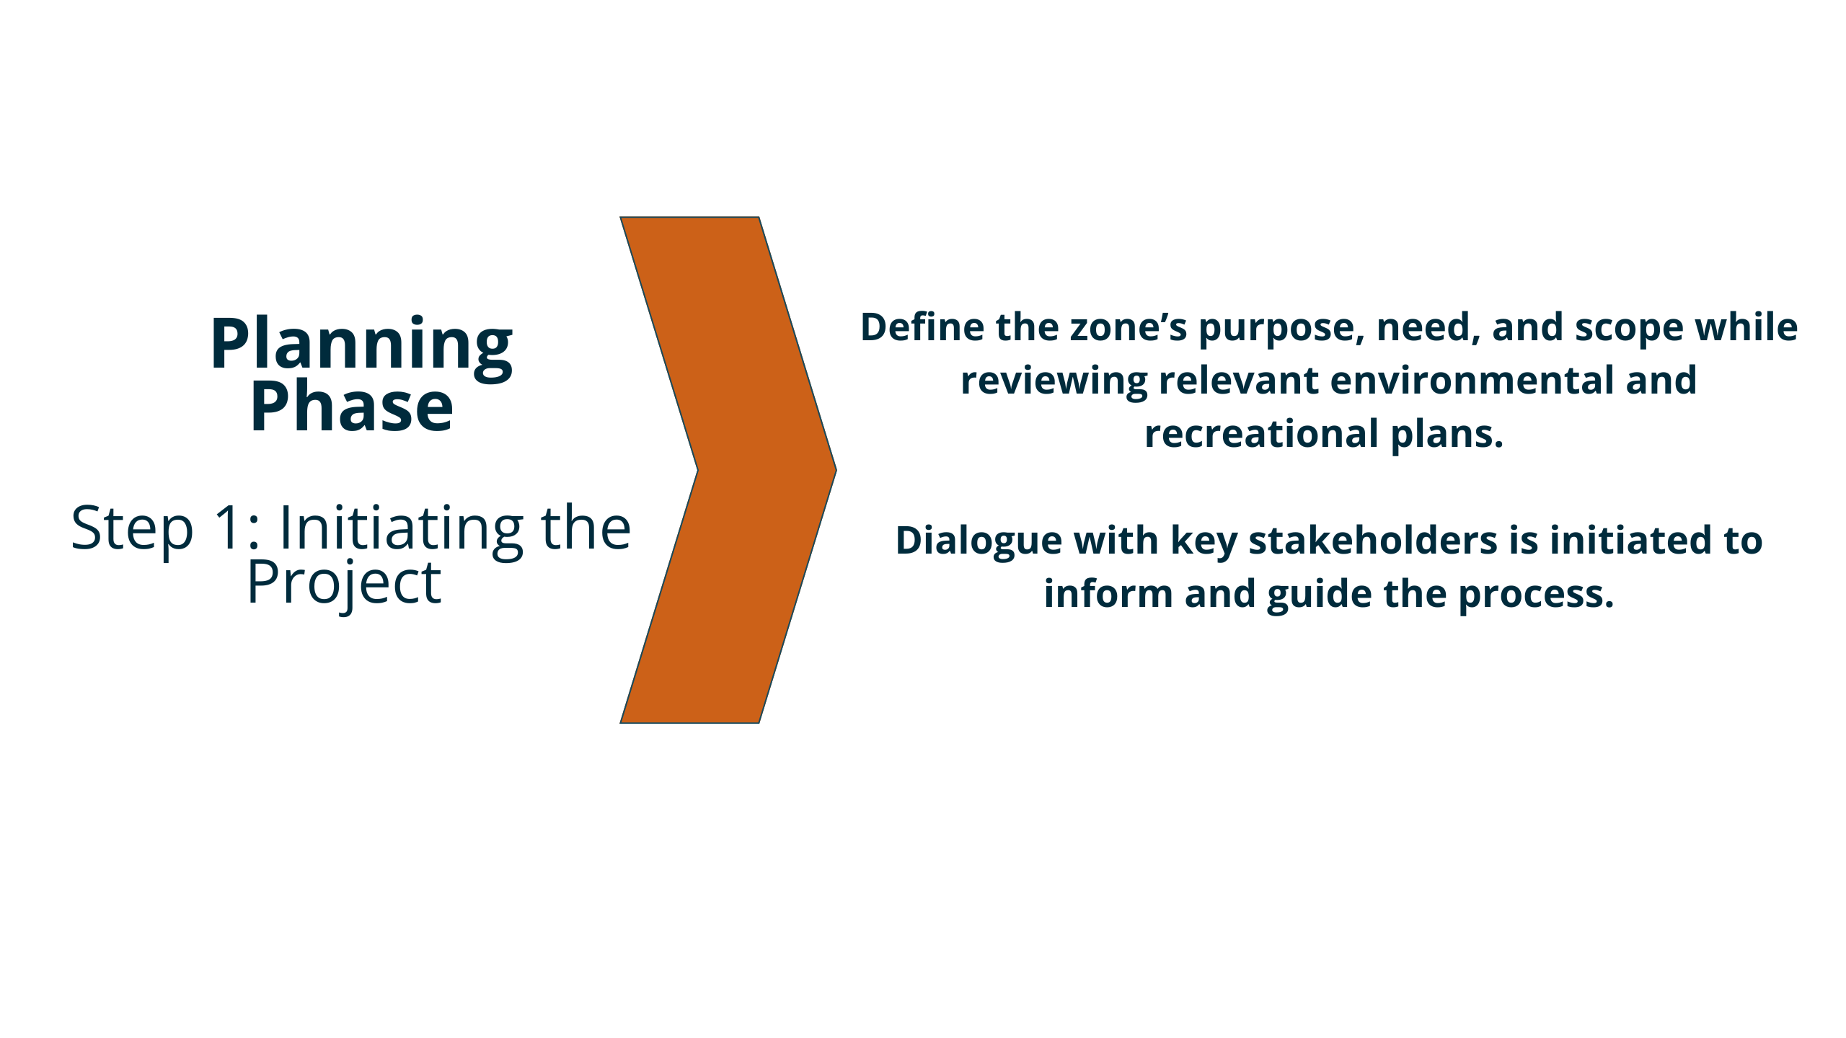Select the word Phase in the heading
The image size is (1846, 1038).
coord(352,406)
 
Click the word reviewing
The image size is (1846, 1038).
coord(1054,382)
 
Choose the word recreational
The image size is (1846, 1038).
coord(1262,434)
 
